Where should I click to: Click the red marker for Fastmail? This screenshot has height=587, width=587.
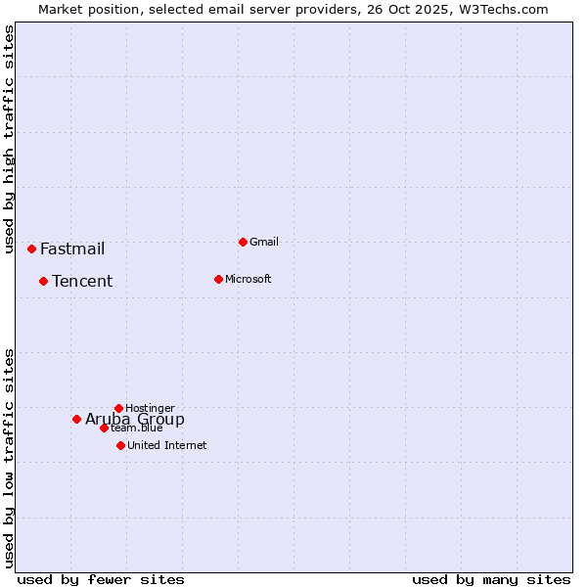[x=31, y=248]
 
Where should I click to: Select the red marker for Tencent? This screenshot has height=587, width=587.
[x=43, y=281]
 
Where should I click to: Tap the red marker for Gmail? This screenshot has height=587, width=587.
[x=243, y=242]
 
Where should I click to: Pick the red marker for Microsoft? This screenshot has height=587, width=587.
[x=218, y=279]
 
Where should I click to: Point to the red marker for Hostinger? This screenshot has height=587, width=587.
[x=118, y=408]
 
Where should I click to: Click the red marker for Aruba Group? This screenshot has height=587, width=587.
[x=76, y=419]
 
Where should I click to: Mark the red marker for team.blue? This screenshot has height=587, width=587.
[x=104, y=428]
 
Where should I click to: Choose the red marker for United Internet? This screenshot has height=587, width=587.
[x=120, y=445]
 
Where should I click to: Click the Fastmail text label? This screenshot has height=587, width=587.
[x=72, y=248]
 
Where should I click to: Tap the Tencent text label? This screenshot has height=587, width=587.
[x=82, y=281]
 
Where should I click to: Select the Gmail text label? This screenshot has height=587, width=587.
[x=264, y=242]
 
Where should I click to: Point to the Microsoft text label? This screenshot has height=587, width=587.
[x=248, y=279]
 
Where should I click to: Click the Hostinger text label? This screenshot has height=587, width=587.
[x=150, y=408]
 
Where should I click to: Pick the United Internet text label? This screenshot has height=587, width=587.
[x=167, y=445]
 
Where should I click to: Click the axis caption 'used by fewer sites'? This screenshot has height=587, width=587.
[x=101, y=579]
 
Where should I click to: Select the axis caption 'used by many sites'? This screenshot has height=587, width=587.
[x=491, y=579]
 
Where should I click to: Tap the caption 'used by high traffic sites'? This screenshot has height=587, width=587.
[x=9, y=138]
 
